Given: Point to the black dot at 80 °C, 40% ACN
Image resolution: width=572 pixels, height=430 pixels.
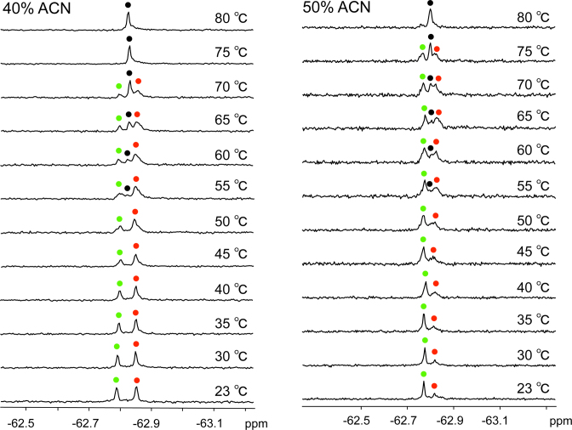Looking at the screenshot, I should pos(129,4).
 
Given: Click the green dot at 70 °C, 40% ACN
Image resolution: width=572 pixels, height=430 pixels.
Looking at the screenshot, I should pos(119,86).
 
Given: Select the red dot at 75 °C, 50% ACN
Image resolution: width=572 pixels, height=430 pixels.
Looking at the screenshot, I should pos(438,50).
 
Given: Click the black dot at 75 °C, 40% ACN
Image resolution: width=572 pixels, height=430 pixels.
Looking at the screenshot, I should pos(129,38).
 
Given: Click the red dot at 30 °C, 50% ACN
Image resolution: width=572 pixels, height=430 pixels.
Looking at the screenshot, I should pos(435,352).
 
